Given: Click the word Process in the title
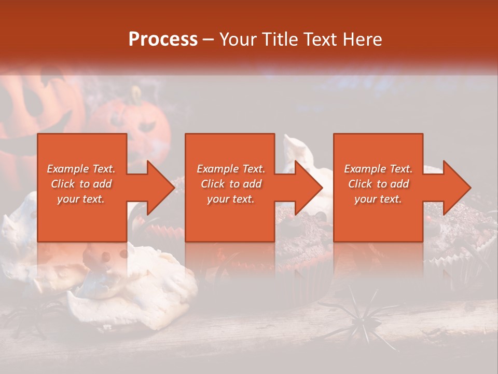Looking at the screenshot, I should coord(163,39).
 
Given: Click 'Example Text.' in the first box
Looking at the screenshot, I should coord(81,169).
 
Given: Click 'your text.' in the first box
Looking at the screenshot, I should coord(81,199).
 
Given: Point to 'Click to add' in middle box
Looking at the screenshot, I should coord(231,184).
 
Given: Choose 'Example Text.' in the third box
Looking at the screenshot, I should coord(378,169).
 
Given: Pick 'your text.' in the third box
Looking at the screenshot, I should coord(378,199).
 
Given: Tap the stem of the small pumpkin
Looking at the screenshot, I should coord(136,95).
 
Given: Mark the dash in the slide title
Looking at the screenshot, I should coord(209,40).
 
